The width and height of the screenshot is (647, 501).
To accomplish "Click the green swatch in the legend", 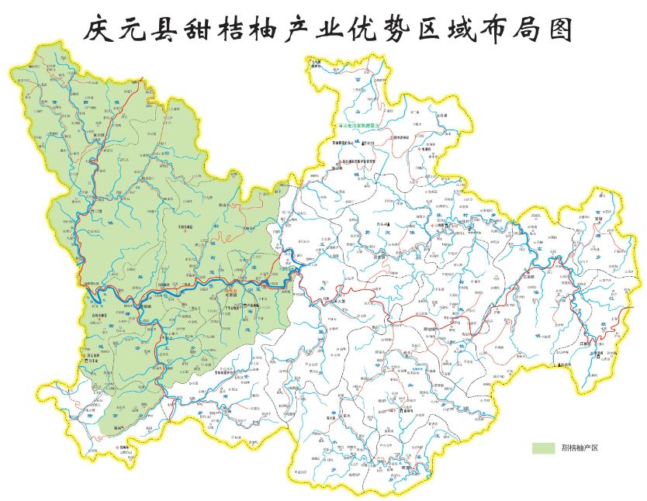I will click(x=543, y=447).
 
